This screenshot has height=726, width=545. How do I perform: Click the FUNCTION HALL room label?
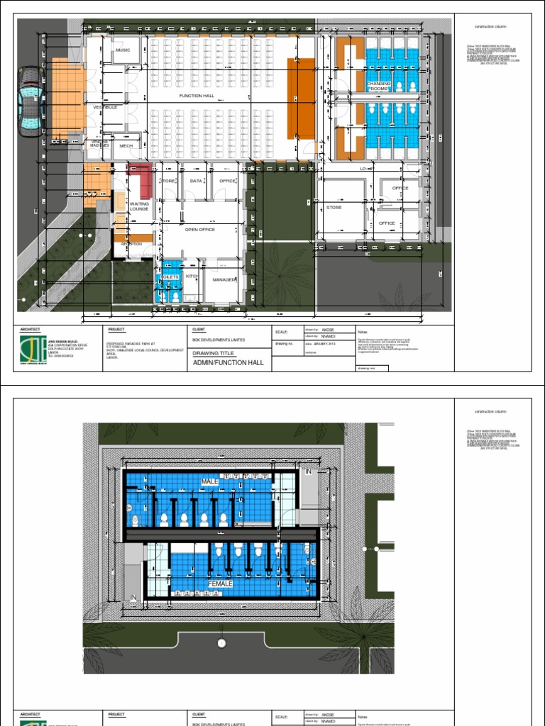pyautogui.click(x=197, y=95)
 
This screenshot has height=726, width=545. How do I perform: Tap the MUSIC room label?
pyautogui.click(x=123, y=50)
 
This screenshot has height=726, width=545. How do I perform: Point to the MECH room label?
pyautogui.click(x=126, y=145)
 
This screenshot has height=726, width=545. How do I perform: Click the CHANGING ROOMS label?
pyautogui.click(x=378, y=86)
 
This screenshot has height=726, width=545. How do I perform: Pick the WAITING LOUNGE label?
pyautogui.click(x=139, y=206)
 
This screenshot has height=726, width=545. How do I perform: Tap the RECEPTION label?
pyautogui.click(x=131, y=244)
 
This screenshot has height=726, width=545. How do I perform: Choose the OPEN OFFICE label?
pyautogui.click(x=199, y=230)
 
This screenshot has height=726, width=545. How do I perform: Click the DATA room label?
pyautogui.click(x=196, y=181)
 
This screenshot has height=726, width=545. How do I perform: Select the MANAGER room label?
pyautogui.click(x=224, y=279)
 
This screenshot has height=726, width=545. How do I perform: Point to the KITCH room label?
pyautogui.click(x=191, y=275)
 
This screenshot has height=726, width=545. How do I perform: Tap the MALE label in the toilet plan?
pyautogui.click(x=209, y=481)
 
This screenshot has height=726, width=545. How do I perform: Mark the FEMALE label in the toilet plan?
pyautogui.click(x=220, y=583)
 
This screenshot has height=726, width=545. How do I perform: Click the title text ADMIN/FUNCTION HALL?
pyautogui.click(x=228, y=362)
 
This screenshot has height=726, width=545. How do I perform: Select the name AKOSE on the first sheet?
pyautogui.click(x=328, y=330)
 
